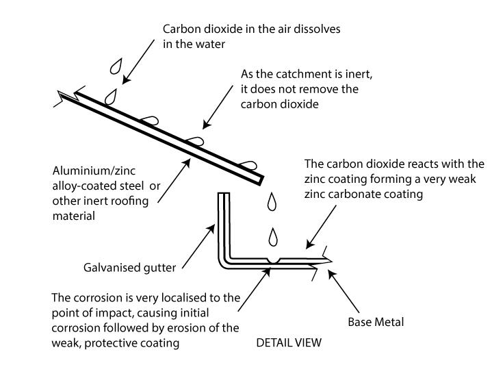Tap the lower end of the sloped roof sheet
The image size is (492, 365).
(x=257, y=180)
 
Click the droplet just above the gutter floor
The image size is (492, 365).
(x=274, y=236)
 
